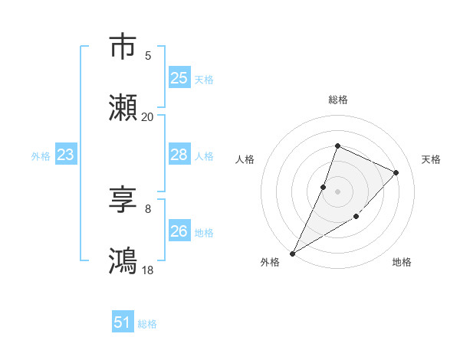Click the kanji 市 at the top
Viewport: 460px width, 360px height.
point(123,47)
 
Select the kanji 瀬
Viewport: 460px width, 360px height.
point(123,108)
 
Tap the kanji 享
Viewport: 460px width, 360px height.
point(123,200)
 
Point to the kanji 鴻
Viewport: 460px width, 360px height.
point(123,261)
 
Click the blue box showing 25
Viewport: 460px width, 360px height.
point(179,77)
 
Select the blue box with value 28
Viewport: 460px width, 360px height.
point(179,155)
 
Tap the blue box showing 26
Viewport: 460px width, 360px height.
point(179,231)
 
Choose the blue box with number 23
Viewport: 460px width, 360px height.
point(66,155)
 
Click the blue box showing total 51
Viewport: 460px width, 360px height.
point(123,323)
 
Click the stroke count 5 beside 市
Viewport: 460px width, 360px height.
point(148,56)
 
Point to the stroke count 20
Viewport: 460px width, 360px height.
point(147,117)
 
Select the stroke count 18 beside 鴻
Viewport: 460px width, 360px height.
point(147,270)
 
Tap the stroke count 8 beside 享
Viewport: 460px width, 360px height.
point(148,209)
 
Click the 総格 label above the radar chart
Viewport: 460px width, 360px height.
point(337,100)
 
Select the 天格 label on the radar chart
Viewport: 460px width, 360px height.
point(432,159)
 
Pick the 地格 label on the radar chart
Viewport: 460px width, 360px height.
point(402,263)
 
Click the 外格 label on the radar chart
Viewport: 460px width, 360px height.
point(270,263)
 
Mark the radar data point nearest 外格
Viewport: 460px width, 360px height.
point(292,253)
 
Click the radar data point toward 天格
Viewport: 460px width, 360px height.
point(396,172)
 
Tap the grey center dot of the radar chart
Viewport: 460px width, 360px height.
point(337,191)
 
